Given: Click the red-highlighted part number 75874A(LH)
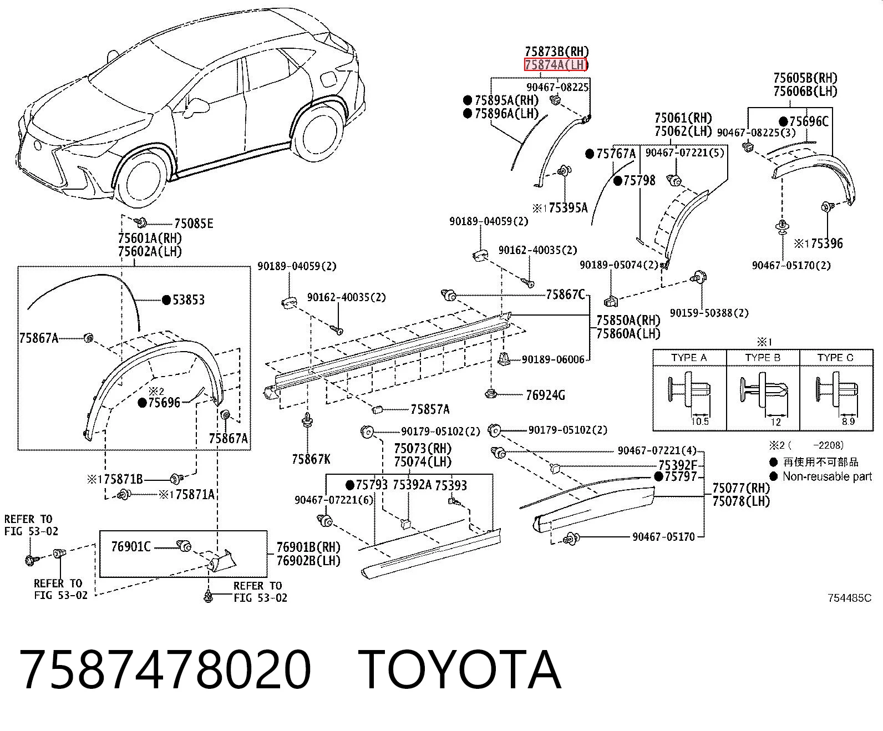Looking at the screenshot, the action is point(556,65).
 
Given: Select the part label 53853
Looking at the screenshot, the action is point(189,300).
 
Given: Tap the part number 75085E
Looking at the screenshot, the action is point(194,224).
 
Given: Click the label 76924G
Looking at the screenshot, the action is point(545,395).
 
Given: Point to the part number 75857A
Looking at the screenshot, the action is point(430,409).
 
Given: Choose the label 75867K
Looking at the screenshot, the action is point(311,459).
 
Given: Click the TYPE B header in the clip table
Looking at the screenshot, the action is point(763,358).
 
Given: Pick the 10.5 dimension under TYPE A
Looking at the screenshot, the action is point(700,422).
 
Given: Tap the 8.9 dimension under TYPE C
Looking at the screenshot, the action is point(848,422).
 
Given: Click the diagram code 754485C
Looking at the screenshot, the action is point(850,598).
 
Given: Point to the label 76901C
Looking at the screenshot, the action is point(131,546).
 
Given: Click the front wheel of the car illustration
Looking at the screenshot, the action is point(140,177).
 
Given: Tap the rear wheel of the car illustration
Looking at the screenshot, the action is point(318,130).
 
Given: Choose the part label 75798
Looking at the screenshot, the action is point(640,181).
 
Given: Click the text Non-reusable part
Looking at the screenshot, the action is point(827,476).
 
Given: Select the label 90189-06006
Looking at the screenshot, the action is point(553,359).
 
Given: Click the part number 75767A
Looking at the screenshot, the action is point(616,154).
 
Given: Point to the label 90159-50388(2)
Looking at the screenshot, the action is point(709,313).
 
